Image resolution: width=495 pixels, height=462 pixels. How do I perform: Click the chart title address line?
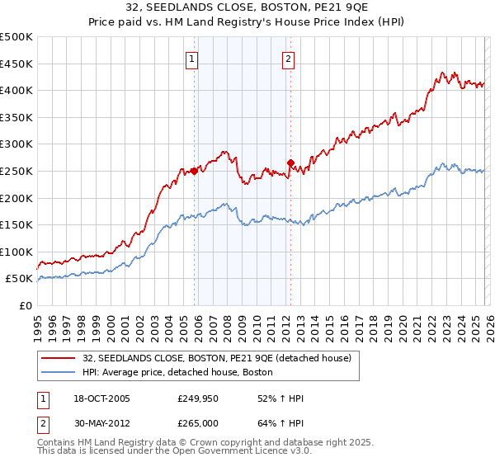(247, 7)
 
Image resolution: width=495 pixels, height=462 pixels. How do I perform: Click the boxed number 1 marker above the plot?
(192, 59)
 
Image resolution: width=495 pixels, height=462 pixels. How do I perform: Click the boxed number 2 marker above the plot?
(289, 59)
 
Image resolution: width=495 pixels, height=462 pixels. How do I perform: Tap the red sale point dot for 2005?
(195, 171)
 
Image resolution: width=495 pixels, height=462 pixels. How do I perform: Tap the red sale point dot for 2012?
(290, 163)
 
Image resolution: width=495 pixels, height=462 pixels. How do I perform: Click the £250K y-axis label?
(16, 171)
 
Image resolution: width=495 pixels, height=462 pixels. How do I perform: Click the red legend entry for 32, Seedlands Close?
(217, 358)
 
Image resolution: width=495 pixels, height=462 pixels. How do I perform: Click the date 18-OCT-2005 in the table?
(101, 398)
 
